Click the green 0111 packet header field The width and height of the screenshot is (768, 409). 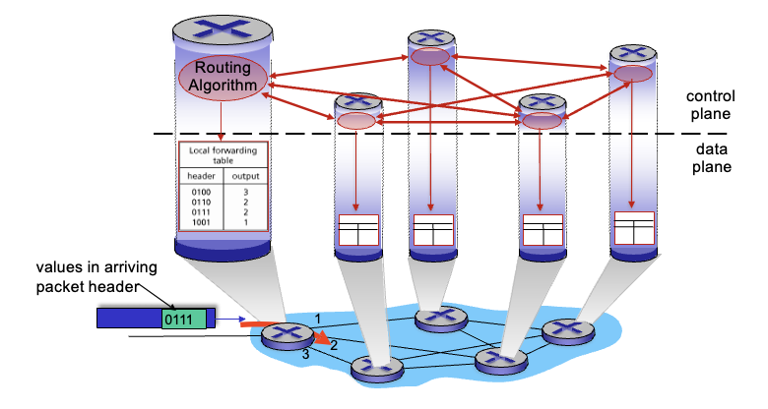point(184,318)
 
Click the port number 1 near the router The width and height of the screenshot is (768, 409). point(317,317)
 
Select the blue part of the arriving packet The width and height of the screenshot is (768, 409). point(129,318)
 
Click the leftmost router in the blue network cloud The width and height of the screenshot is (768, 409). point(287,335)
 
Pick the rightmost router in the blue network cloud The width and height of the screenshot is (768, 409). point(567,332)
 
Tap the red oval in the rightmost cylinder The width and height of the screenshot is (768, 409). point(632,74)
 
